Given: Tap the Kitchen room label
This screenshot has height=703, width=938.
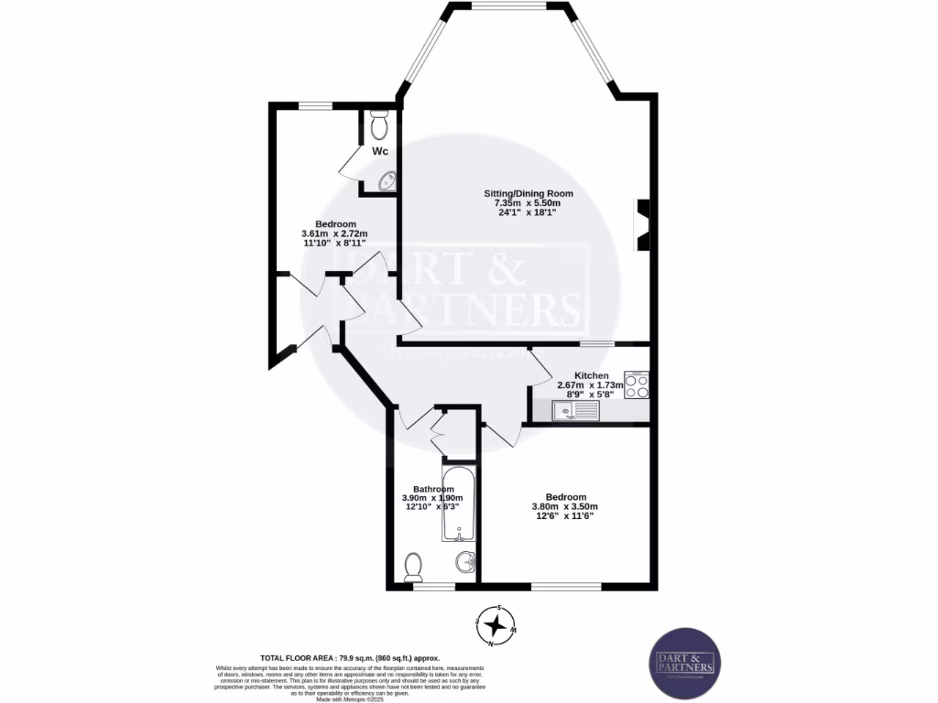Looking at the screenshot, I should (x=592, y=376).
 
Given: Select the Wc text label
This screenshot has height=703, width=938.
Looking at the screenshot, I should (x=379, y=151).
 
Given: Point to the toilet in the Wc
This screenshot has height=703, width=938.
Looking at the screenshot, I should (x=380, y=124).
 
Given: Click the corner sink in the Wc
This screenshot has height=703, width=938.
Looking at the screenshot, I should (x=386, y=181).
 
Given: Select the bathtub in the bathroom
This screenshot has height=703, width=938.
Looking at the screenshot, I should (x=456, y=505).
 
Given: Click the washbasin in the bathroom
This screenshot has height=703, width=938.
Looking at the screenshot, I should (x=464, y=560).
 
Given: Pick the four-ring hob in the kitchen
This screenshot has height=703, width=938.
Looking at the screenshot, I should (x=637, y=385).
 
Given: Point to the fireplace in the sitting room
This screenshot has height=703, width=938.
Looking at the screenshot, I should (x=645, y=224).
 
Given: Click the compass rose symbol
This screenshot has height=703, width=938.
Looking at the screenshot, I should (x=496, y=626).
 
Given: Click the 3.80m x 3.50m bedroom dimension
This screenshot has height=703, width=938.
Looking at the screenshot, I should (x=564, y=507).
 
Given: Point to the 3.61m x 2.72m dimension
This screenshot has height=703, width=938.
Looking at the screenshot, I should (x=335, y=234).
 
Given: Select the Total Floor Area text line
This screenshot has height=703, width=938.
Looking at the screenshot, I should (x=350, y=658).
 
